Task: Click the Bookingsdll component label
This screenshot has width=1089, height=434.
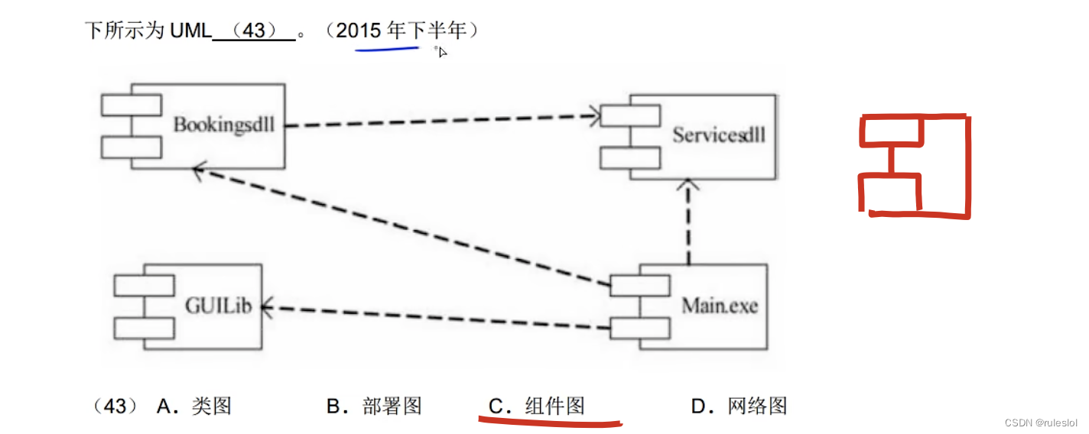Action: [223, 125]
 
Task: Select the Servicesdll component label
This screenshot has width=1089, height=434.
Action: [719, 135]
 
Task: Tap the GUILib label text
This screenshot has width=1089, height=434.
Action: [218, 305]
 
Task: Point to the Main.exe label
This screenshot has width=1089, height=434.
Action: [720, 306]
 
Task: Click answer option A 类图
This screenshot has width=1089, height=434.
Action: [194, 406]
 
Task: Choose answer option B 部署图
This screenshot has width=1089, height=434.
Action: [375, 406]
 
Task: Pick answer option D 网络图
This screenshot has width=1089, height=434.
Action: [740, 406]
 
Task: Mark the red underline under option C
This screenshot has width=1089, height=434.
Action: [551, 421]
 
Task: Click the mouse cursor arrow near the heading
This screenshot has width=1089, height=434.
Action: [442, 51]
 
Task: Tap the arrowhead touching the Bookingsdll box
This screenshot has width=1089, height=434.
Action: [200, 171]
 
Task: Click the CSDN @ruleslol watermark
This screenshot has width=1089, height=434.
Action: [1040, 423]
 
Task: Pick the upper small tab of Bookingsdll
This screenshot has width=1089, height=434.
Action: [132, 105]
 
